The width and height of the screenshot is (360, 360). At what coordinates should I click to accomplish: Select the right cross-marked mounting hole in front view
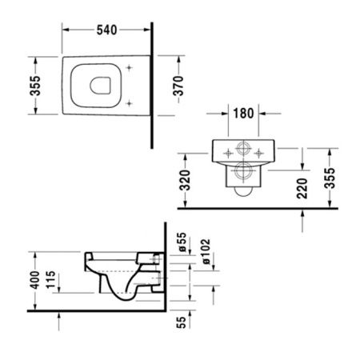[x=260, y=150]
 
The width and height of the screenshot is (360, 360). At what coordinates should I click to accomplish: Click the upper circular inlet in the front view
[x=243, y=150]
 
